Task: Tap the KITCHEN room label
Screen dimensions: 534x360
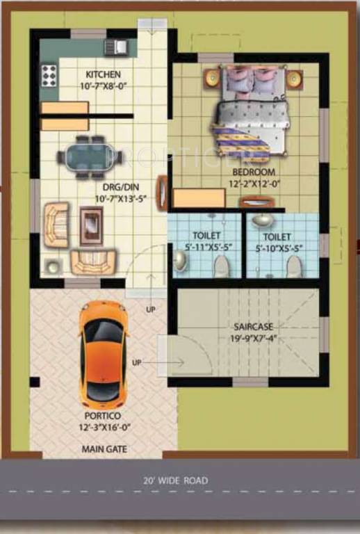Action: (x=103, y=74)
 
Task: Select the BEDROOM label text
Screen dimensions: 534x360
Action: (x=254, y=172)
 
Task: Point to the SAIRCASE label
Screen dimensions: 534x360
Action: (x=254, y=326)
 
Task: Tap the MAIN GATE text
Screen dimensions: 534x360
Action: (x=104, y=449)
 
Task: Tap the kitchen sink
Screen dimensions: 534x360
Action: (x=115, y=47)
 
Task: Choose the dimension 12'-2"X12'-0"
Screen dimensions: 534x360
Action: (x=254, y=184)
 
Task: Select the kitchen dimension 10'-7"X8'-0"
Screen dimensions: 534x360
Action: (x=103, y=86)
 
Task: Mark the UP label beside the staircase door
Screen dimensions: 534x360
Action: (x=136, y=363)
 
